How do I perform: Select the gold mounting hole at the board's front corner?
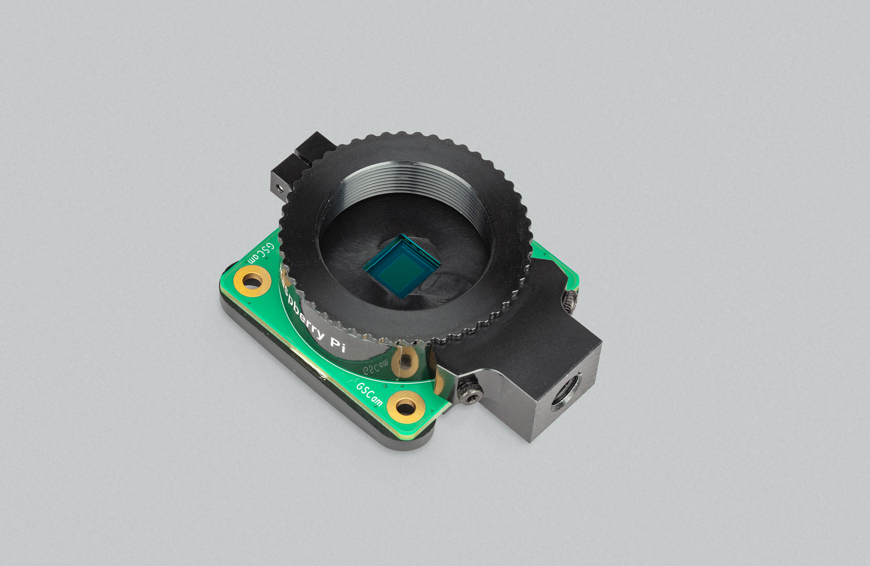tap(406, 407)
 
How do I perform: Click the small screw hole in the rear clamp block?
tap(280, 188)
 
